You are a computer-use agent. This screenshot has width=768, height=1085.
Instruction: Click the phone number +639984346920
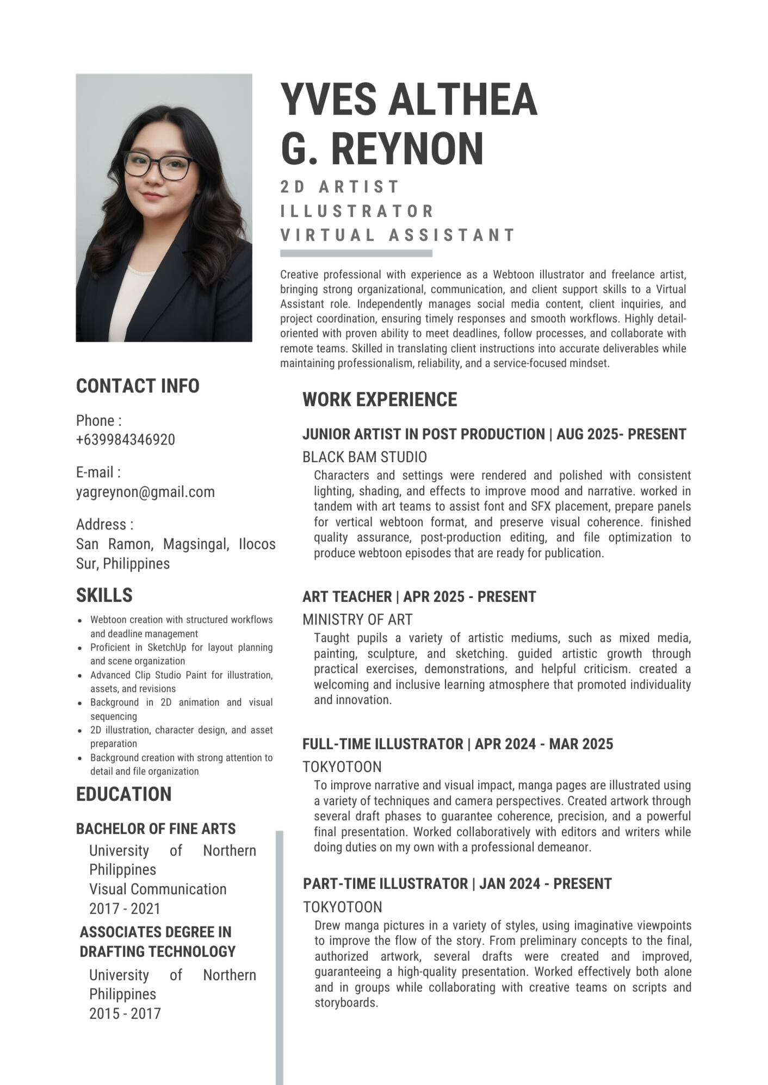click(126, 440)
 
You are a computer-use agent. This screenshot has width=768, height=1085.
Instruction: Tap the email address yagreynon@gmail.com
click(145, 492)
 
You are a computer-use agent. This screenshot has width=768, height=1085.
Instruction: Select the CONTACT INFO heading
click(138, 386)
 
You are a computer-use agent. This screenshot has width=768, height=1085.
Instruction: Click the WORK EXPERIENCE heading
click(380, 400)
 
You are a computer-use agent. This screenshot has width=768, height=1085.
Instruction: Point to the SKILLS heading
click(104, 595)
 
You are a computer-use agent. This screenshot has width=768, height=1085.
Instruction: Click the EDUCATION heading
click(123, 794)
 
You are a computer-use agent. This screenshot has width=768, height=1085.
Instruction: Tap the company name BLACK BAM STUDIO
click(364, 457)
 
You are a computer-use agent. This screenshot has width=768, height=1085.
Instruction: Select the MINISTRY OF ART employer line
click(357, 620)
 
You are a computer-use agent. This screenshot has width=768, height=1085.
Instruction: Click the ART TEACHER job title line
click(419, 597)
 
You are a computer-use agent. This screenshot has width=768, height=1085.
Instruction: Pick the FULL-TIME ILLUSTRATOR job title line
click(457, 744)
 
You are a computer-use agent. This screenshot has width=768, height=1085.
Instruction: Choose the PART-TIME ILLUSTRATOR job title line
click(457, 884)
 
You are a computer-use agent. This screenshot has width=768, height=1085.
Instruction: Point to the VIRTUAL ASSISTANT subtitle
click(398, 235)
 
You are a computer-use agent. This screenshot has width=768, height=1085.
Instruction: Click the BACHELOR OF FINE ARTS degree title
click(156, 829)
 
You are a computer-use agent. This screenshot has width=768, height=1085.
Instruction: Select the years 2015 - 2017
click(125, 1014)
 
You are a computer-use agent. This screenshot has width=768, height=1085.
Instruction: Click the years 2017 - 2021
click(125, 909)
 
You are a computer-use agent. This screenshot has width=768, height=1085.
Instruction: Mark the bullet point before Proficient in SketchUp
click(80, 648)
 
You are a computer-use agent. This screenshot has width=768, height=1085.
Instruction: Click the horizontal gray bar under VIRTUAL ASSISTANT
click(356, 253)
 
